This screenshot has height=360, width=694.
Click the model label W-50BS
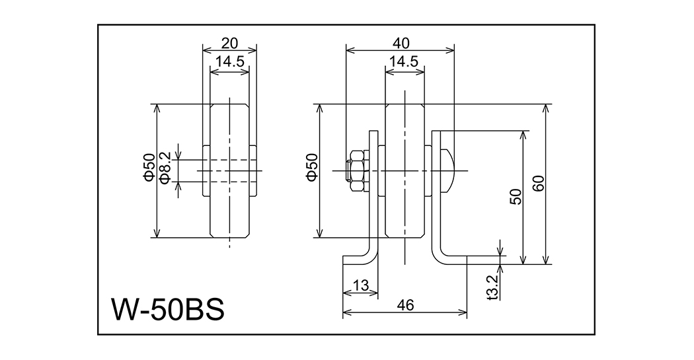click(x=168, y=308)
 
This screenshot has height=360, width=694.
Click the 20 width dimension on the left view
click(x=229, y=44)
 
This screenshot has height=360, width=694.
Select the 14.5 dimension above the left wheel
click(x=229, y=61)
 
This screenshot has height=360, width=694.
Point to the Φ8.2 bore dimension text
click(x=166, y=170)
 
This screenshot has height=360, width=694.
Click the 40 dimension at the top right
click(x=401, y=43)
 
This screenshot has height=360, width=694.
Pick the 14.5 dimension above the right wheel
click(x=403, y=61)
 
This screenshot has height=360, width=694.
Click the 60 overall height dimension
click(x=539, y=184)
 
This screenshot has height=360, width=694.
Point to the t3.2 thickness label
click(x=492, y=288)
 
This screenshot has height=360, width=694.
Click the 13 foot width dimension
click(x=360, y=285)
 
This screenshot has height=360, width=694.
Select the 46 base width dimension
click(x=405, y=305)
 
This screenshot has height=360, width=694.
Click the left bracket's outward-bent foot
click(x=358, y=258)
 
